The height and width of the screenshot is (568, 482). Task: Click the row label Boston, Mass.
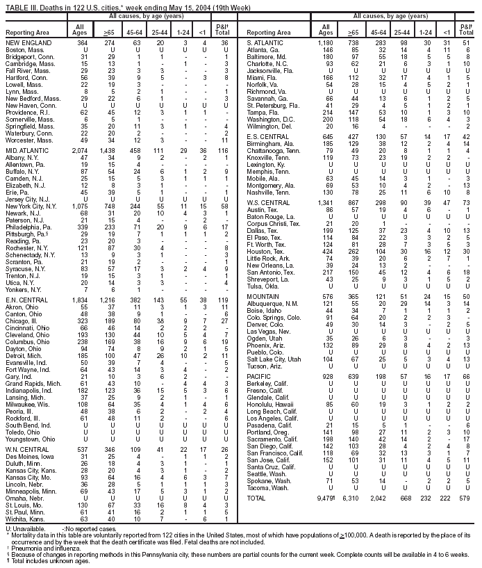click(x=20, y=50)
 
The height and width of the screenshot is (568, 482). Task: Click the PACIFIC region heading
click(x=259, y=375)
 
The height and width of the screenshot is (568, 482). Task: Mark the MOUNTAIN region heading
click(x=263, y=295)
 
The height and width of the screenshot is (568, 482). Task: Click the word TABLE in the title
click(x=15, y=6)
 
